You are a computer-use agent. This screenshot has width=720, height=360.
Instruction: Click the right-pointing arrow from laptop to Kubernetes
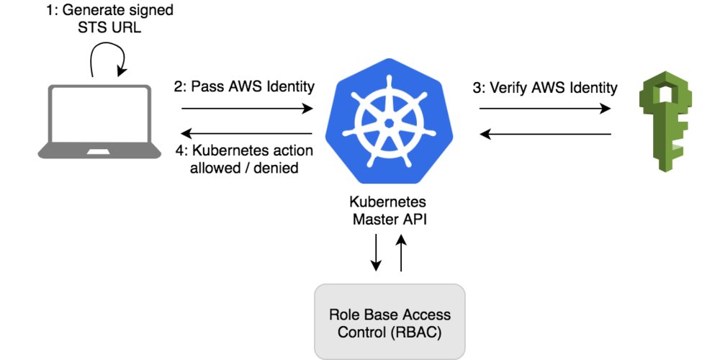(x=248, y=109)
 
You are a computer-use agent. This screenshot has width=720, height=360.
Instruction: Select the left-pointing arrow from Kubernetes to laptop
(x=248, y=133)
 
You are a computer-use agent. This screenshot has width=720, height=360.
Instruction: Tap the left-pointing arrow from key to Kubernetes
(x=545, y=133)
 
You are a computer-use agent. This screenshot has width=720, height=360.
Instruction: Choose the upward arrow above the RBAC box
(x=401, y=256)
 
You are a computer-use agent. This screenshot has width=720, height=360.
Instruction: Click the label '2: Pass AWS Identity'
(x=244, y=88)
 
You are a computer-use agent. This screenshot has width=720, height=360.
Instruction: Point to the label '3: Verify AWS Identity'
(x=545, y=88)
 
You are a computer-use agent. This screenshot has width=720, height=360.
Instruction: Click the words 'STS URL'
(x=108, y=30)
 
